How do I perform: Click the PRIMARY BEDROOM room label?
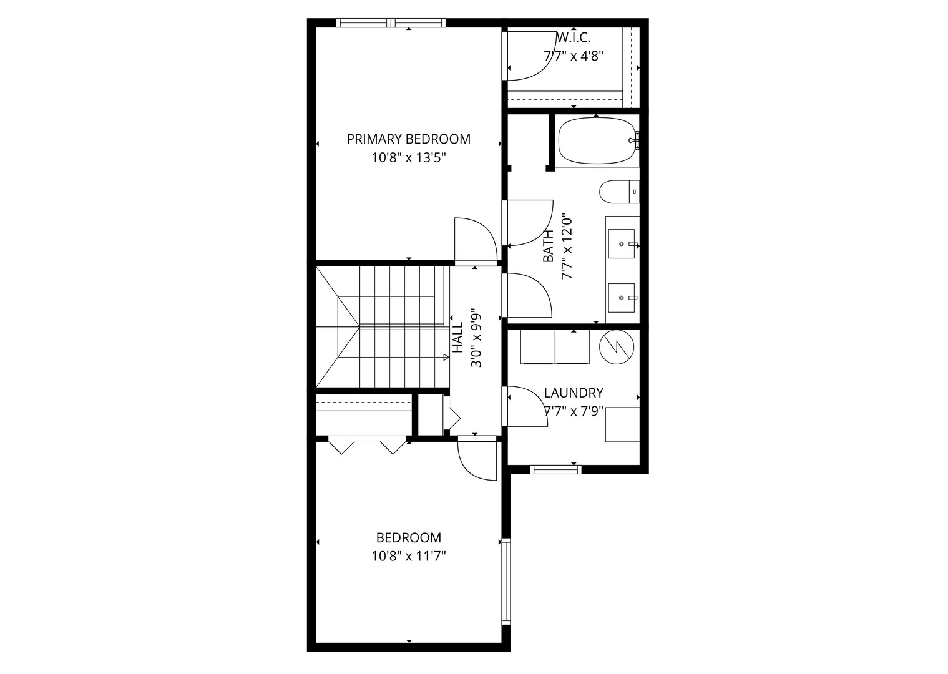tap(408, 139)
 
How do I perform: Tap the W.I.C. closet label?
tap(574, 37)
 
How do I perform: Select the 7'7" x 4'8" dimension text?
tap(574, 56)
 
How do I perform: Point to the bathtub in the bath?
tap(597, 141)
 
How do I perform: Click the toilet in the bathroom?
tap(619, 192)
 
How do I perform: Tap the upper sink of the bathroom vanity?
tap(622, 244)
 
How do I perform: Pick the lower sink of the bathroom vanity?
tap(622, 298)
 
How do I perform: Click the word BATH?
tap(548, 246)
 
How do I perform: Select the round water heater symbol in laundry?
tap(617, 347)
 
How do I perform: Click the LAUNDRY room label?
tap(574, 393)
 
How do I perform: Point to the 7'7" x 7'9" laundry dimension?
tap(574, 411)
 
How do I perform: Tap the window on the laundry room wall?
tap(555, 469)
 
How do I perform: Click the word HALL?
tap(458, 337)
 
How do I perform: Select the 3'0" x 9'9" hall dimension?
tap(477, 337)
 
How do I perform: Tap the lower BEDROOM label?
tap(408, 537)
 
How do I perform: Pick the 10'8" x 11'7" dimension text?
tap(408, 556)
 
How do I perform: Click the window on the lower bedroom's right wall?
tap(506, 581)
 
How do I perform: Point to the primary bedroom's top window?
tap(391, 23)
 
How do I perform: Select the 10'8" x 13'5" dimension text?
tap(408, 158)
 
